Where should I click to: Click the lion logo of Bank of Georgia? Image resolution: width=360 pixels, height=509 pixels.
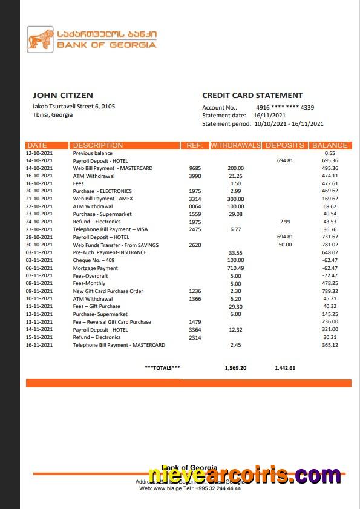click(x=41, y=40)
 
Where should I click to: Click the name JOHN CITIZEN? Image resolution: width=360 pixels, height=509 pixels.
click(x=63, y=95)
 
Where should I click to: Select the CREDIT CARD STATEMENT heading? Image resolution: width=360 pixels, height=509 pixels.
click(x=252, y=95)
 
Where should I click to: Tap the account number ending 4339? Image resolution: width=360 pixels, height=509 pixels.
click(x=285, y=107)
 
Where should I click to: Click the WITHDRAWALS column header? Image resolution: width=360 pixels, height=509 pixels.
click(x=235, y=145)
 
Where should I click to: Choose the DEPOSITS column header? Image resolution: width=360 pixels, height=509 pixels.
click(x=284, y=145)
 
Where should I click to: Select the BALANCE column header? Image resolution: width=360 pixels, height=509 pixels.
click(x=330, y=145)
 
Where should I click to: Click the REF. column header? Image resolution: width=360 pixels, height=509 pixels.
click(x=194, y=145)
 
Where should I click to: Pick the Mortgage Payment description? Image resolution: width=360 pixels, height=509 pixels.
click(x=95, y=268)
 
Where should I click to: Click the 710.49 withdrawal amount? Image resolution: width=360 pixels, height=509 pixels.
click(x=235, y=268)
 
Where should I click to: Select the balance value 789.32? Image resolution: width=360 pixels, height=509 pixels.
click(x=330, y=291)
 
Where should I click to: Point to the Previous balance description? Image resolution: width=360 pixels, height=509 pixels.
click(x=93, y=153)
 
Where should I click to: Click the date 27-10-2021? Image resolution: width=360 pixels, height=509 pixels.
click(x=39, y=229)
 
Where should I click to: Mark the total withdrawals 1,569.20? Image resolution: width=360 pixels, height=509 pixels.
click(x=235, y=367)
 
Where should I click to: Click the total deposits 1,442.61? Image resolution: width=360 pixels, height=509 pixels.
click(x=284, y=367)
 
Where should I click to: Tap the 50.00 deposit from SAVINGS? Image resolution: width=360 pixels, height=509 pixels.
click(x=284, y=245)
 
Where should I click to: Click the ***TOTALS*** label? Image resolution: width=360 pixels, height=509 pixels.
click(x=162, y=367)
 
